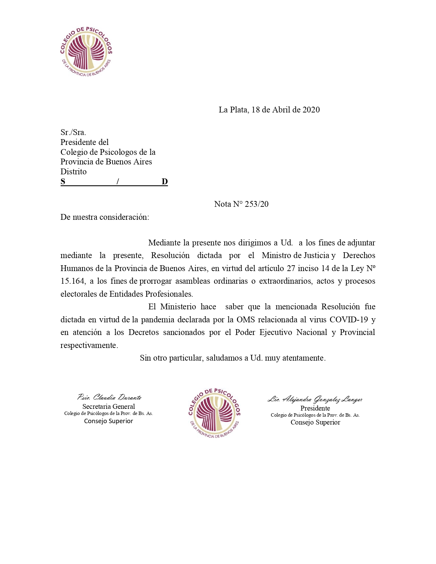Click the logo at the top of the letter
[x=86, y=52]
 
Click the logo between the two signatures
[x=214, y=413]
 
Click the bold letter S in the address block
[x=63, y=182]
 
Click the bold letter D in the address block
[x=164, y=182]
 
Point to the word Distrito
[x=74, y=172]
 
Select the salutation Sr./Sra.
[x=73, y=132]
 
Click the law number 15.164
[x=72, y=281]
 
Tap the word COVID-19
[x=349, y=320]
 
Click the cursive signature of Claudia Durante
[x=109, y=397]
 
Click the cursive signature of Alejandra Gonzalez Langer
[x=315, y=399]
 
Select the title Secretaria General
[x=109, y=406]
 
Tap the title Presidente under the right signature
[x=315, y=408]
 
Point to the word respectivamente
[x=89, y=345]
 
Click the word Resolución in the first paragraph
[x=170, y=255]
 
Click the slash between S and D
[x=118, y=182]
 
